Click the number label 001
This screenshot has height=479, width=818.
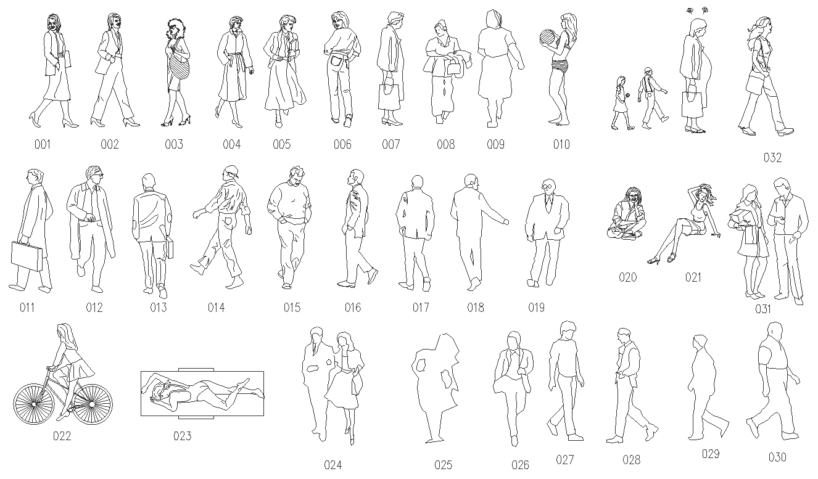[42, 145]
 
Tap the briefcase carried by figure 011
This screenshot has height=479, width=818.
[27, 255]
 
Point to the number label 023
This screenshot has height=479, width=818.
[182, 436]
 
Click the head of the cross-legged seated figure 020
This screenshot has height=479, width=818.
[629, 196]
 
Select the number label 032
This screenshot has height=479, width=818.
[772, 158]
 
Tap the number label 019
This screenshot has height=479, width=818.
[536, 308]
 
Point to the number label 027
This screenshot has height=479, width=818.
[564, 460]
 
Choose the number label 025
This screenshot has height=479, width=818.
[443, 465]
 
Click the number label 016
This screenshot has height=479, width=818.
[353, 308]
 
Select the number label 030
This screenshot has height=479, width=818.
[777, 457]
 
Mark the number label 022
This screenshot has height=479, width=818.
[62, 436]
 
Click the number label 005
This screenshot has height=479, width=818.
[281, 145]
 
